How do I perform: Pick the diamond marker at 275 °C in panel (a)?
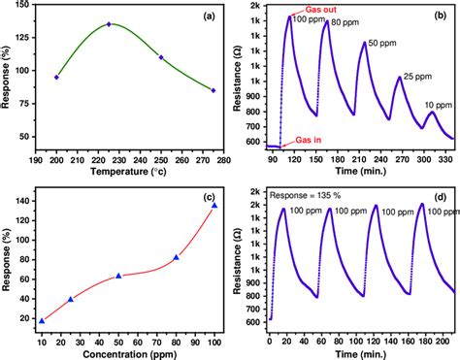click(214, 90)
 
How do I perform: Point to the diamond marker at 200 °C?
click(56, 77)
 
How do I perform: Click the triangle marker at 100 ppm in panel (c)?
click(214, 205)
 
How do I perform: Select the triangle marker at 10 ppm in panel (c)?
click(42, 320)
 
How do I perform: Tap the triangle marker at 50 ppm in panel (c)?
click(118, 276)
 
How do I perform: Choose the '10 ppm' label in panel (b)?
click(438, 104)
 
